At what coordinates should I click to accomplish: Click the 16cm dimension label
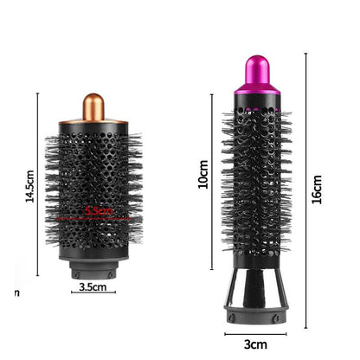pyautogui.click(x=317, y=189)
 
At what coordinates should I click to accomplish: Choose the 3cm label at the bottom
pyautogui.click(x=256, y=344)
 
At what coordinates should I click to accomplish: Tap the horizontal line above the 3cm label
pyautogui.click(x=255, y=331)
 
